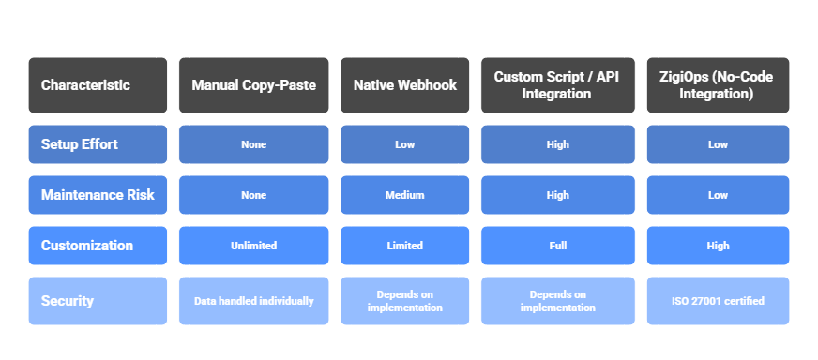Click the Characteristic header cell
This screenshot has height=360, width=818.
(x=98, y=85)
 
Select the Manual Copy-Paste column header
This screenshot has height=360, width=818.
(x=253, y=85)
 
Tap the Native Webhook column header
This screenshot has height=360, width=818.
(x=405, y=85)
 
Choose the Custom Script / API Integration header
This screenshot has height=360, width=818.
(x=557, y=85)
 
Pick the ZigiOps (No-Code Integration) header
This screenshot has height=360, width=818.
(x=718, y=85)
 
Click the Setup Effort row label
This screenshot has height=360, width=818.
(x=98, y=144)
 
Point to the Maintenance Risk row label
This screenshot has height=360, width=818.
(x=98, y=195)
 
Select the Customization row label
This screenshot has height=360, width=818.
(x=98, y=246)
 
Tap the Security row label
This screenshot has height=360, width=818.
(x=98, y=301)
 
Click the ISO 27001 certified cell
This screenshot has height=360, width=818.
(x=718, y=301)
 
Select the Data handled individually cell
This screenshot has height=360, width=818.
(x=253, y=301)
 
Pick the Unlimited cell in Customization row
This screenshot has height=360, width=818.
(x=253, y=246)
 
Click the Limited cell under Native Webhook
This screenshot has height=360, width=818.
(x=405, y=246)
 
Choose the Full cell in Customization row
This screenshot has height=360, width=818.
(x=557, y=246)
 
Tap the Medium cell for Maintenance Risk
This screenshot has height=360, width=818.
(x=405, y=195)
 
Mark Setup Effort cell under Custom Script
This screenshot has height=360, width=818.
(x=557, y=144)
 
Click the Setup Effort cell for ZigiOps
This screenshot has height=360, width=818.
(x=718, y=144)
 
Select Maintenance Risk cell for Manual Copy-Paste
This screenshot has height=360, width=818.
(x=253, y=195)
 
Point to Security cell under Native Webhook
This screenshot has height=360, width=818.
(x=405, y=301)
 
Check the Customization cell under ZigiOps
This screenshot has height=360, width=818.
(x=718, y=246)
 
